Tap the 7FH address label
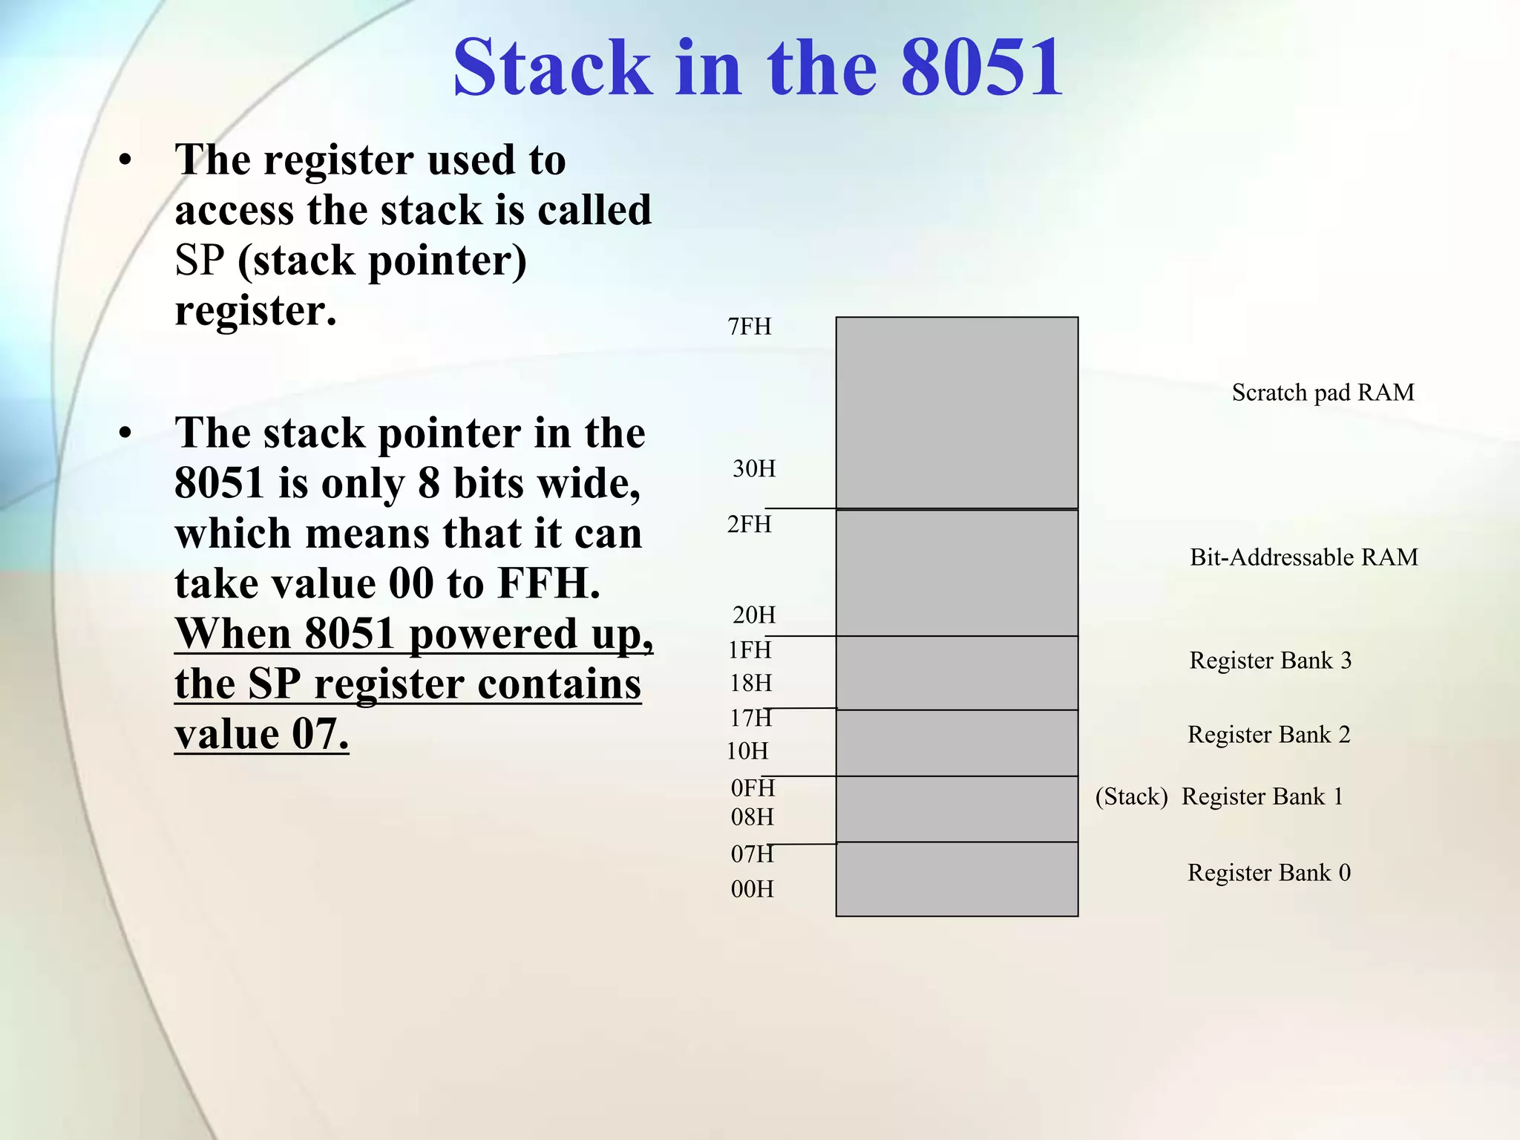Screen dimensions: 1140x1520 coord(750,327)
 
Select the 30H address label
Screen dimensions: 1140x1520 coord(754,469)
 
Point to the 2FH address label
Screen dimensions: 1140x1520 coord(750,525)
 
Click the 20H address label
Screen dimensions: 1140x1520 coord(754,615)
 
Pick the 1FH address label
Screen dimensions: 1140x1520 coord(750,650)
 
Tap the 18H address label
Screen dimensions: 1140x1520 coord(751,684)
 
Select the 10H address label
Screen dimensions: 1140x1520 coord(747,752)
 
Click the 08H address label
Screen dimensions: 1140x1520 coord(753,818)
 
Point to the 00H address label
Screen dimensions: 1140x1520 coord(753,889)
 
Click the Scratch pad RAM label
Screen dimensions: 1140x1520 coord(1323,393)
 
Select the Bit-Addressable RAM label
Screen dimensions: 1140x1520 coord(1303,557)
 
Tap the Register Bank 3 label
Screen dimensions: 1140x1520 coord(1270,661)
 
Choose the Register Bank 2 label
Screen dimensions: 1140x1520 coord(1268,735)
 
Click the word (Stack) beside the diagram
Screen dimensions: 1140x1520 coord(1131,797)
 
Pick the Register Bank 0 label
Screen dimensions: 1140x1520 coord(1268,873)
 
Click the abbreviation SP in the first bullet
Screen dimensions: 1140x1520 coord(200,261)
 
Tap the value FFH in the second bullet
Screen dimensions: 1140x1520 coord(548,583)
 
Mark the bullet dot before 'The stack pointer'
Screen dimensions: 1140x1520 coord(125,433)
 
